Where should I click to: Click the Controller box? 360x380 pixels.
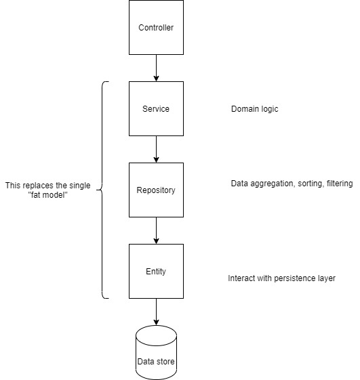156,28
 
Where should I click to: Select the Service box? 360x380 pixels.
156,108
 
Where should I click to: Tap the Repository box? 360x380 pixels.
156,190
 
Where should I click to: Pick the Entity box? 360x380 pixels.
156,271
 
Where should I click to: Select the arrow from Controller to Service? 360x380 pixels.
156,68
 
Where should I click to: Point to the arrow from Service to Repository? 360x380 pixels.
156,149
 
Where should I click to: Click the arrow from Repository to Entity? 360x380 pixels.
156,230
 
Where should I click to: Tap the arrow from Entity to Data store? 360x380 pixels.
156,312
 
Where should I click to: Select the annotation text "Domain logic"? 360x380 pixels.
255,108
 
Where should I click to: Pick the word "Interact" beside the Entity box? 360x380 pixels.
241,278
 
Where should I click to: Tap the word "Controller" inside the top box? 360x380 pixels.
156,28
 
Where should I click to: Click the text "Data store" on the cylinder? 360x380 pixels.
156,362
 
